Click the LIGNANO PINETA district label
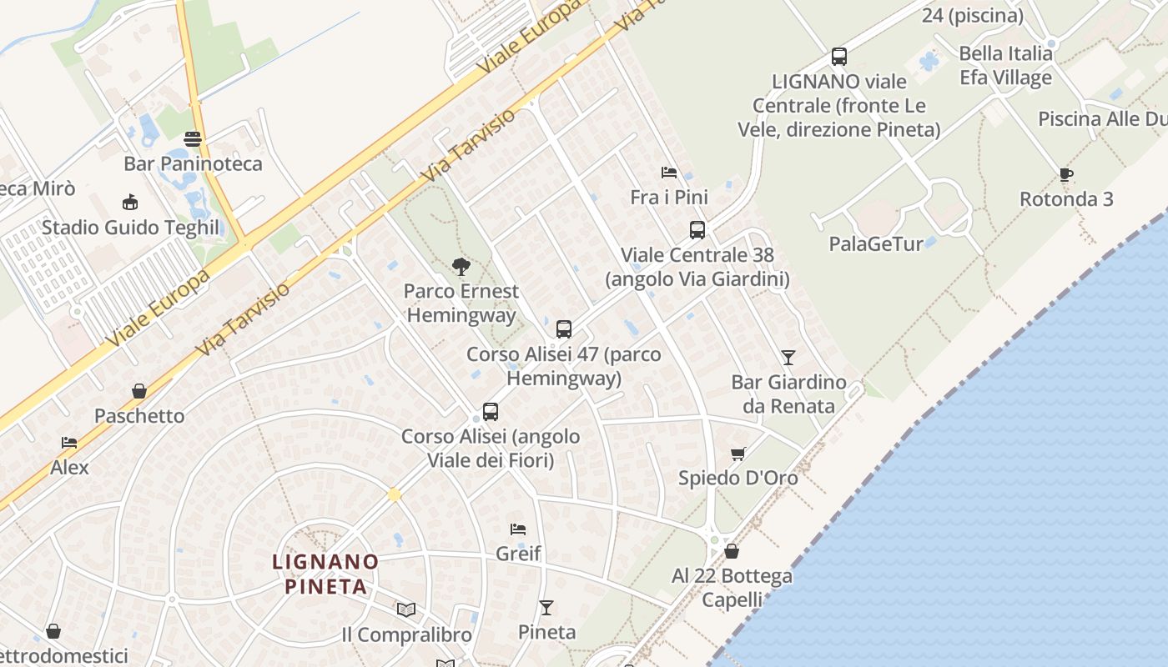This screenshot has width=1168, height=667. [325, 574]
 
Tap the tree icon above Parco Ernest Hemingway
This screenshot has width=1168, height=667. [461, 267]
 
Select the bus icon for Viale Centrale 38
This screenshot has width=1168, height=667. [697, 230]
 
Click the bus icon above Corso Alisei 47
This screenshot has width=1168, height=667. [564, 329]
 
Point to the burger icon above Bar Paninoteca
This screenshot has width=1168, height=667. [193, 139]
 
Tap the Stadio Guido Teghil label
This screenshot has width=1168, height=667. [130, 228]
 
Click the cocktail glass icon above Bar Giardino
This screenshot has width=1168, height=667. [788, 358]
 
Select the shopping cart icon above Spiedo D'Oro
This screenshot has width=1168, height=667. [738, 454]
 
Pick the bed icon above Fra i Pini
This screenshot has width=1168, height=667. [669, 173]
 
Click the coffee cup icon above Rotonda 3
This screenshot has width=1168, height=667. [1065, 174]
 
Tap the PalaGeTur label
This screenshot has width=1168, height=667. [876, 244]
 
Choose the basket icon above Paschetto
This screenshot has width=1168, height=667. [139, 391]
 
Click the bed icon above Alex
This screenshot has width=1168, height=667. [69, 443]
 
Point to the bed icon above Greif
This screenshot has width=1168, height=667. [518, 529]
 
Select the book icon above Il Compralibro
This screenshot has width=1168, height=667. [406, 609]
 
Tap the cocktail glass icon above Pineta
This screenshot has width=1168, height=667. [546, 607]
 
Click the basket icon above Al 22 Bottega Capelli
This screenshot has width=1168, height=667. [732, 551]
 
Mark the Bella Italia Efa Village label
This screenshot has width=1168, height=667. [1005, 65]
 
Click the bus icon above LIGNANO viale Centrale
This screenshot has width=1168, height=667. [839, 57]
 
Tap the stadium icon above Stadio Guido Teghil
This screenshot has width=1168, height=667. [130, 202]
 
